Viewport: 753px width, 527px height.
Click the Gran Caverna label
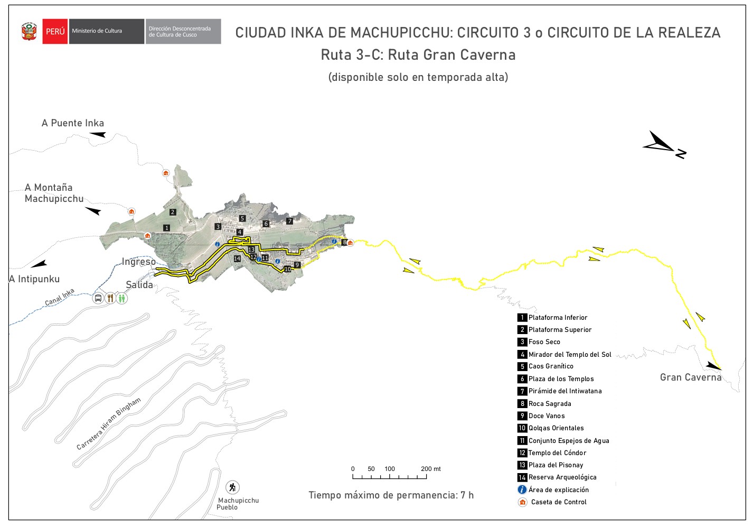point(690,377)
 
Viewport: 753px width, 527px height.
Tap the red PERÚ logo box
point(55,31)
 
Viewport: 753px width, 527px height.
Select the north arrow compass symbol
point(664,144)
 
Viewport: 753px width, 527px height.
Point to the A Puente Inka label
point(73,123)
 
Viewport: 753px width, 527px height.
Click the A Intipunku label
point(34,279)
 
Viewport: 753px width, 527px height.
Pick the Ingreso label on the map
point(139,262)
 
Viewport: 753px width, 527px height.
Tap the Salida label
point(139,285)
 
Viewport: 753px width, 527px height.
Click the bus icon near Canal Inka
point(98,298)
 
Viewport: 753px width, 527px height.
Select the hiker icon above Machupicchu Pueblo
point(232,487)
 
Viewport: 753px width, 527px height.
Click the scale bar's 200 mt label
point(431,469)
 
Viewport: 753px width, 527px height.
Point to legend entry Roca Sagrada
point(549,404)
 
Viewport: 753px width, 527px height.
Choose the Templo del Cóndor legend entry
point(557,453)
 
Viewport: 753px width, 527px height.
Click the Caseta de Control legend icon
point(523,502)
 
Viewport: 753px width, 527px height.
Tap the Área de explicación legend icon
point(522,489)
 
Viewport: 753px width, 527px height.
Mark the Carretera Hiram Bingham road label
point(109,424)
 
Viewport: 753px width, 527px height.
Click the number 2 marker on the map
point(173,212)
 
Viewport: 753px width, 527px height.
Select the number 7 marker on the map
point(289,221)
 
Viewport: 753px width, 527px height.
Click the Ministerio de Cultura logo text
point(97,31)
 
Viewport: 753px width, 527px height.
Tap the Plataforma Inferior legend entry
point(557,318)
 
